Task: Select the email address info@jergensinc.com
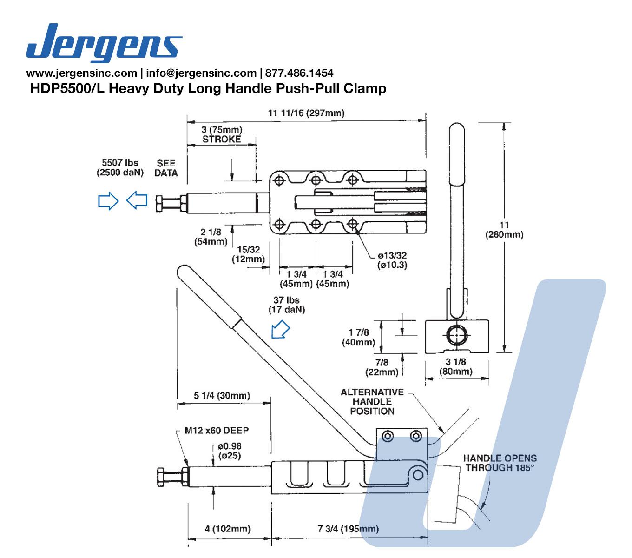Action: tap(201, 73)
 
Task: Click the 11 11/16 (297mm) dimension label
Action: tap(306, 113)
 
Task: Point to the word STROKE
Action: tap(222, 139)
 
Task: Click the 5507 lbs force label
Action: tap(120, 163)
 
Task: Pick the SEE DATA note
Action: tap(166, 168)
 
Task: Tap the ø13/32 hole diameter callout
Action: tap(393, 260)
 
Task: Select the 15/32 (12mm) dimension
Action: tap(248, 254)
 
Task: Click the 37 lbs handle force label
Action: tap(286, 305)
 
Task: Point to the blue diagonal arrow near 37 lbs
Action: tap(280, 330)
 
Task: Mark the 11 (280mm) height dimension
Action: tap(504, 230)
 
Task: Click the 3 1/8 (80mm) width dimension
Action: tap(456, 366)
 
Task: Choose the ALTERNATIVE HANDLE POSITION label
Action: tap(372, 401)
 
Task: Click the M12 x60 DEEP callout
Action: tap(217, 431)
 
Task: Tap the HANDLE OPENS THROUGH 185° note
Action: tap(500, 463)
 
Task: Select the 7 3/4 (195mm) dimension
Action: tap(348, 529)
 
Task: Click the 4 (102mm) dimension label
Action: tap(228, 529)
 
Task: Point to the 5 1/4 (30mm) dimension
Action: tap(222, 396)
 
